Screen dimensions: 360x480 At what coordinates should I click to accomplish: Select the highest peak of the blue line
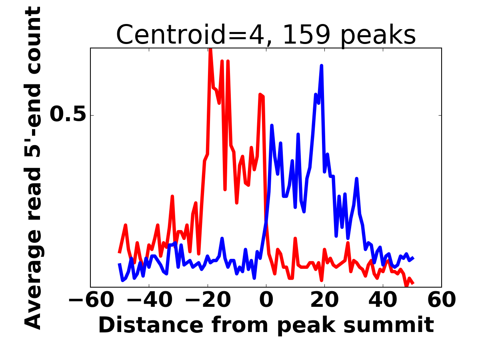pos(321,66)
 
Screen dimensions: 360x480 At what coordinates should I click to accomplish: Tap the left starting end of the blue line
pos(119,264)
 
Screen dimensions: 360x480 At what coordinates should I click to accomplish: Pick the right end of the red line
pos(413,283)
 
